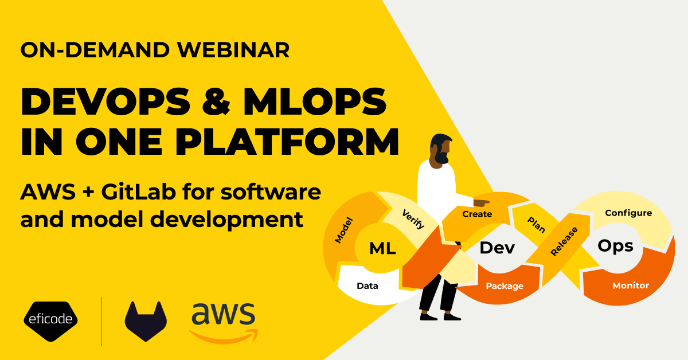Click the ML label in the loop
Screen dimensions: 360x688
coord(382,248)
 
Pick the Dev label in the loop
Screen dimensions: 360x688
coord(497,248)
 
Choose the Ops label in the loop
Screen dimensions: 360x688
coord(615,245)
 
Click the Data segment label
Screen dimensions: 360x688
coord(367,285)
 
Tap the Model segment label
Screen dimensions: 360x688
coord(343,230)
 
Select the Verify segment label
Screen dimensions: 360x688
coord(413,218)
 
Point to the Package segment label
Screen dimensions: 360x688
coord(505,285)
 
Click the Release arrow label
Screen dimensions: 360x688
coord(564,241)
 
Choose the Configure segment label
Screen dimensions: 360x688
coord(628,213)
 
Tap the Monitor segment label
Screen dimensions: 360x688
coord(631,285)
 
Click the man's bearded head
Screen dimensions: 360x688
coord(441,148)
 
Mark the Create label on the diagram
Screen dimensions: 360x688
coord(477,214)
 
